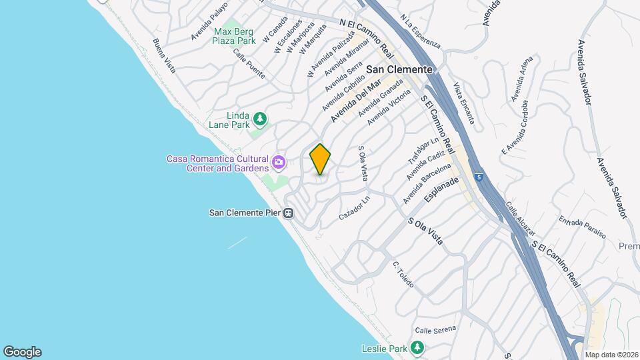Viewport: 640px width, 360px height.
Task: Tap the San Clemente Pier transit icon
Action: pos(289,213)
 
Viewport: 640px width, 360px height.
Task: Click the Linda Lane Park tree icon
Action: pos(261,119)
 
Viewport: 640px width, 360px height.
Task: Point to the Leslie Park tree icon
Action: pos(417,348)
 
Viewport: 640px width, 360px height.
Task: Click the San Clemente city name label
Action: pos(400,69)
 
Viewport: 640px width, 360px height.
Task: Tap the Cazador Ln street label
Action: pos(354,209)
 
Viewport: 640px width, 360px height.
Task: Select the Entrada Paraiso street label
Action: pos(582,227)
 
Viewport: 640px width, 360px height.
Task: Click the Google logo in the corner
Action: pos(22,352)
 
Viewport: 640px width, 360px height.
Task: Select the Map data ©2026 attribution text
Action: pos(611,355)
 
